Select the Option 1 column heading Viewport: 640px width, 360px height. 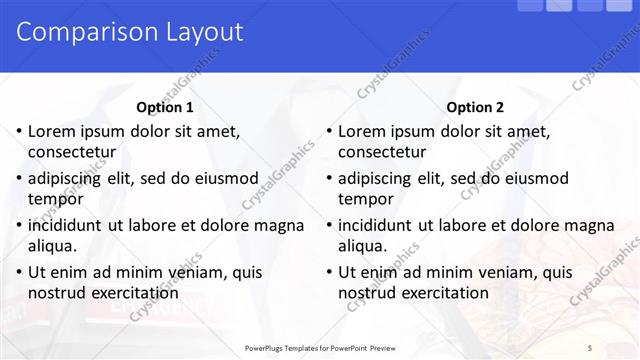click(x=165, y=107)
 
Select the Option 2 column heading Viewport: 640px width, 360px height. click(x=475, y=107)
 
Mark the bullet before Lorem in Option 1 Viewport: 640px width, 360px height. click(x=18, y=131)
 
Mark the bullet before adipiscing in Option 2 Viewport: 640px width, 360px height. click(x=328, y=178)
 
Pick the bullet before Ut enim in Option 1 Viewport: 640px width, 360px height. click(x=18, y=272)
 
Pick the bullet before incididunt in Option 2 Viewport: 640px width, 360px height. click(x=328, y=225)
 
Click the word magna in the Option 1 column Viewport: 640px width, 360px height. click(x=280, y=225)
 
